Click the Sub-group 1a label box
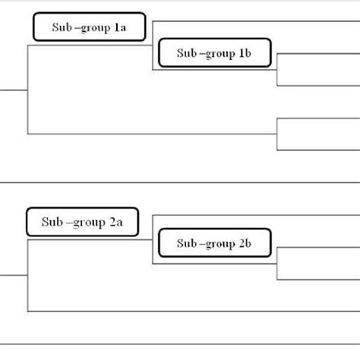(x=90, y=27)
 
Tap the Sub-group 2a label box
(x=81, y=222)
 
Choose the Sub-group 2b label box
(x=215, y=244)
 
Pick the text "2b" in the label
(x=245, y=244)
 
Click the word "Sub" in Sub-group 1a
(x=62, y=28)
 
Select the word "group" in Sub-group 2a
(x=81, y=222)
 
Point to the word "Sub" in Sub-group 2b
(x=186, y=244)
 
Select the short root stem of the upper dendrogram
(x=14, y=90)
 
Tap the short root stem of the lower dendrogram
(x=14, y=276)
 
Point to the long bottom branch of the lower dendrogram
(x=190, y=311)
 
